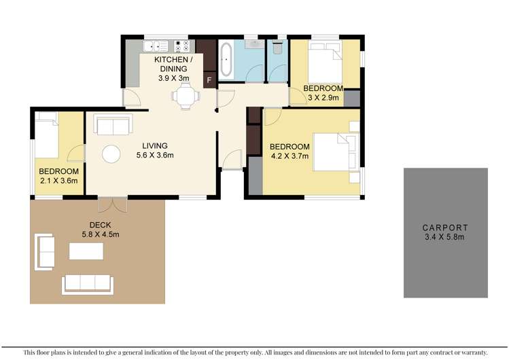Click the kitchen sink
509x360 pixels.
pos(158,46)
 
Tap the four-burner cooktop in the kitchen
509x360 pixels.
pos(181,46)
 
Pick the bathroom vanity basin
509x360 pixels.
pos(252,44)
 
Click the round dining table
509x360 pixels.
pos(186,97)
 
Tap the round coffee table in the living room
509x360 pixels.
pos(111,154)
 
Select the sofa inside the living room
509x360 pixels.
pos(112,126)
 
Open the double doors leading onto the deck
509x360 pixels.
pos(111,203)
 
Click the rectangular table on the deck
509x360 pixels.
pos(86,251)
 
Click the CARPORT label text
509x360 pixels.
pos(445,228)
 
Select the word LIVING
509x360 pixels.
pos(154,145)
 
